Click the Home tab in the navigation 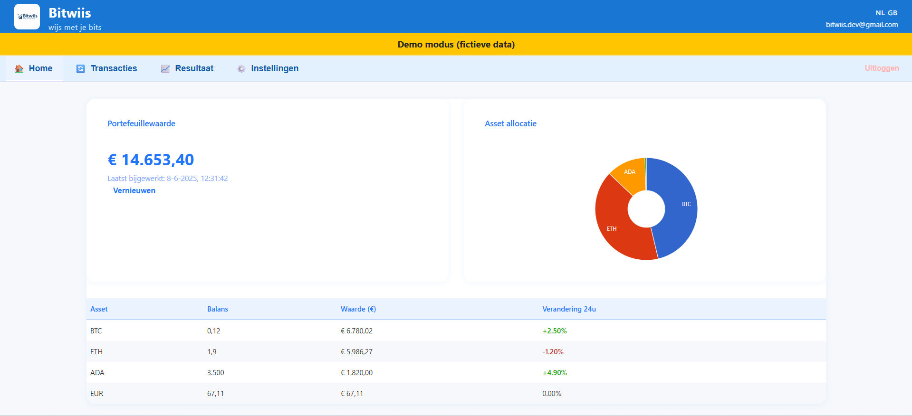click(34, 68)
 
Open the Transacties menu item click(107, 68)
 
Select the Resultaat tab click(187, 68)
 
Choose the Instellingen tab click(268, 68)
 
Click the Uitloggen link click(882, 68)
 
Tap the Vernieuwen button click(134, 190)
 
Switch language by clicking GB click(893, 13)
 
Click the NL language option click(880, 13)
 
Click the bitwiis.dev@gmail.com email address click(862, 25)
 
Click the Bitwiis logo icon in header click(27, 17)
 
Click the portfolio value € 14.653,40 click(151, 160)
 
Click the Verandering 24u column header click(569, 309)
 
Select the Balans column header click(218, 309)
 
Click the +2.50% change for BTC click(555, 331)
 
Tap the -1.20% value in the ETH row click(553, 352)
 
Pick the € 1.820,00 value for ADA click(356, 373)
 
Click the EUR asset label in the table click(96, 394)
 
